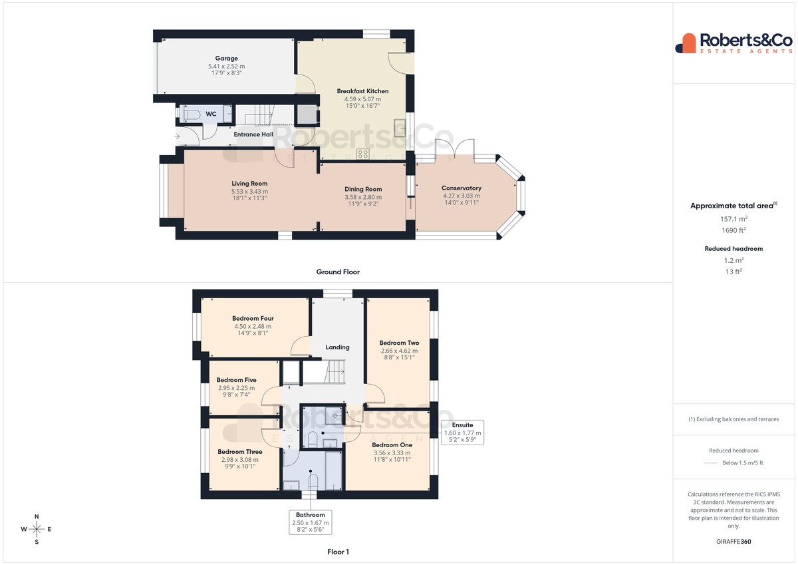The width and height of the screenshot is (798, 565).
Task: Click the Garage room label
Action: point(226,58)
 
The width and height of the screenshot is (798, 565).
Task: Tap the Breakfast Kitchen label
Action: point(362,91)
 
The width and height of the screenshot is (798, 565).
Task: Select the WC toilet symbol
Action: point(192,114)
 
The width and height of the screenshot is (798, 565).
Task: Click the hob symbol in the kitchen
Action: point(363,154)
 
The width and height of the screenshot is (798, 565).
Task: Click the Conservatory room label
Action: point(462,188)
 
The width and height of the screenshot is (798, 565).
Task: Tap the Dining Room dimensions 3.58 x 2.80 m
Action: point(363,197)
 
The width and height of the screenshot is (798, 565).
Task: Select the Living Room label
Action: point(249,183)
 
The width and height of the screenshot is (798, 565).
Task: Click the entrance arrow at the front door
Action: point(177,136)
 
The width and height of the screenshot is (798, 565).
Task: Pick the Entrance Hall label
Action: point(253,134)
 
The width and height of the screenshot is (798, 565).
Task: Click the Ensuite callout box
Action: point(462,433)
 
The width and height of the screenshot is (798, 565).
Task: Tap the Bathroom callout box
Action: point(311,522)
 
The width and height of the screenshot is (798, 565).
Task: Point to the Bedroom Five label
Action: point(237,380)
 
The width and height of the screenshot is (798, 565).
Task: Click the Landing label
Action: point(337,347)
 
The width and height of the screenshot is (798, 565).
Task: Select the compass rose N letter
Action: point(37,516)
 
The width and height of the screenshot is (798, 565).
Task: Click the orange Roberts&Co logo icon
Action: point(686,43)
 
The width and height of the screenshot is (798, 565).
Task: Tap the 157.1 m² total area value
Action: point(733,219)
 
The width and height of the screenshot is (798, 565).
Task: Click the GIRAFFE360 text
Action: point(733,542)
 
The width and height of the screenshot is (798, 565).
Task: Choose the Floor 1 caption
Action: point(338,552)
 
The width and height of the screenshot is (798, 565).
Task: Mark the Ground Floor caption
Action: point(338,272)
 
